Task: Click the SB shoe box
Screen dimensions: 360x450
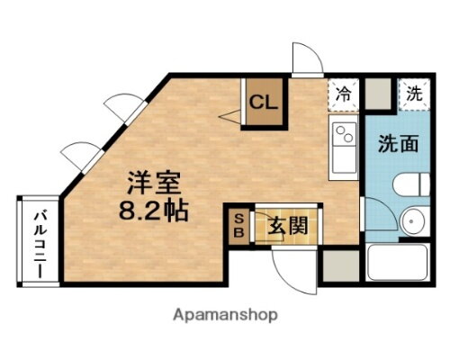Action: tap(238, 224)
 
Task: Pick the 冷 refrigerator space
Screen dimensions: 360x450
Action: tap(343, 92)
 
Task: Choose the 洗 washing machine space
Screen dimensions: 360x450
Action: tap(413, 93)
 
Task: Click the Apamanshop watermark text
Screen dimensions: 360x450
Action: tap(225, 314)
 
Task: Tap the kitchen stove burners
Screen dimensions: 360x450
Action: tap(344, 136)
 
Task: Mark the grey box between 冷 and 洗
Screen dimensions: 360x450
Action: tap(378, 92)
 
